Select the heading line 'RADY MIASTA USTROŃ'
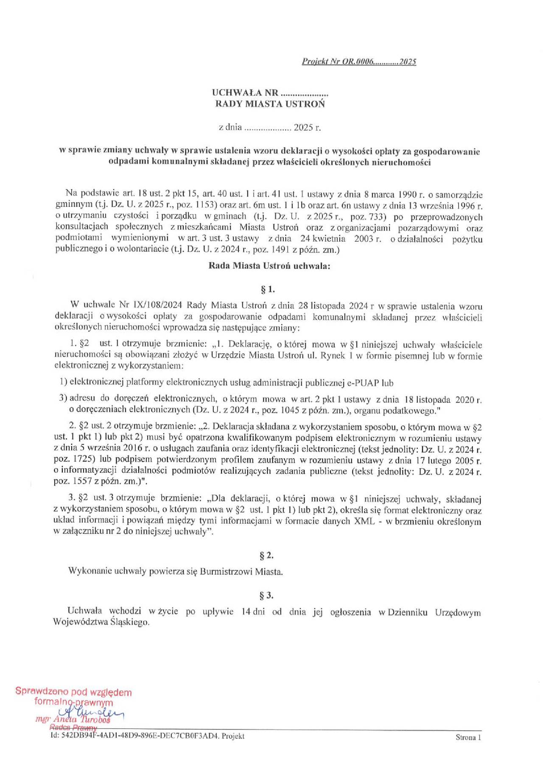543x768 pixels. pyautogui.click(x=270, y=104)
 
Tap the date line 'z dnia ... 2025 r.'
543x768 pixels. pyautogui.click(x=270, y=127)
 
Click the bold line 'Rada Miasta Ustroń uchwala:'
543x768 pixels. pyautogui.click(x=269, y=266)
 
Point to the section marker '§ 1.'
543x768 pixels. pyautogui.click(x=268, y=290)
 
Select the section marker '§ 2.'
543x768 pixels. pyautogui.click(x=266, y=556)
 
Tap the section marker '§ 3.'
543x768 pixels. pyautogui.click(x=266, y=595)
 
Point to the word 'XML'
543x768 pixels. pyautogui.click(x=364, y=521)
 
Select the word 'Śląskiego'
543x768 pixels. pyautogui.click(x=129, y=623)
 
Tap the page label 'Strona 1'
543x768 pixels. pyautogui.click(x=468, y=737)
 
